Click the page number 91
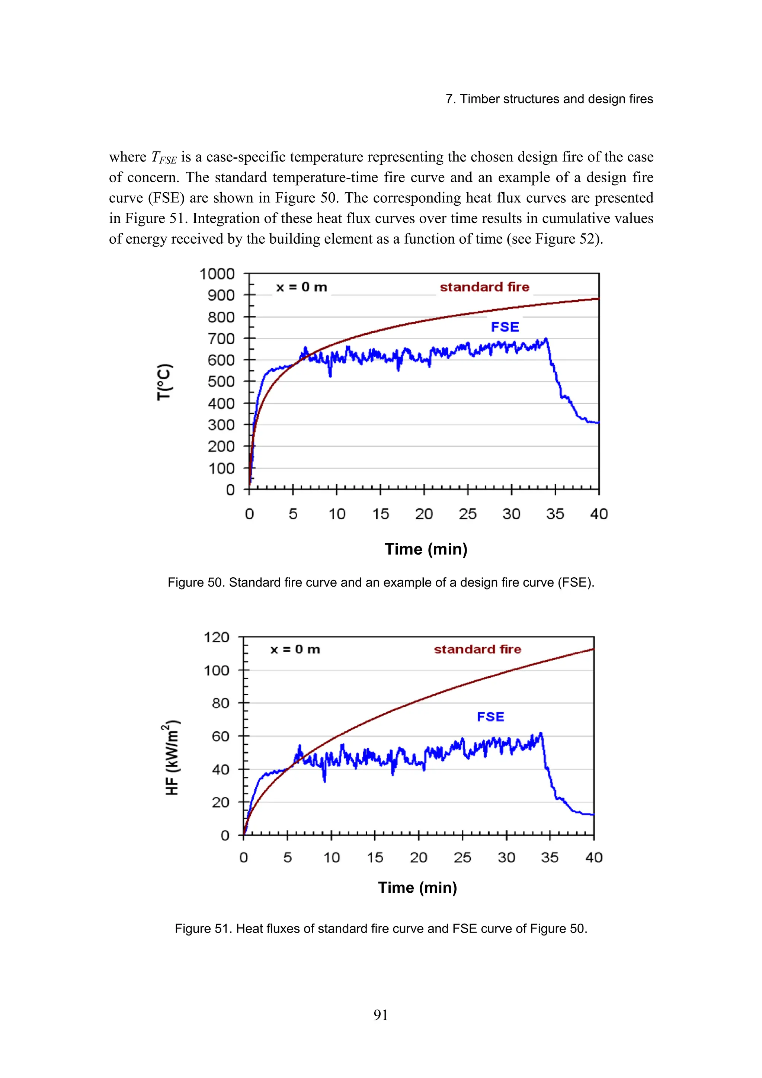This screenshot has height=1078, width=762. click(381, 1015)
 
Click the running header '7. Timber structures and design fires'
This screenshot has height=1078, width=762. click(549, 99)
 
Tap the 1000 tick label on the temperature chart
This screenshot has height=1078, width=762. click(217, 274)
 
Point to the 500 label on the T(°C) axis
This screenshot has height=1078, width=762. click(221, 382)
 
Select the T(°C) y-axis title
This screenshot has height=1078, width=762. click(164, 382)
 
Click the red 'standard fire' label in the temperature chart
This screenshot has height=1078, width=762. click(484, 287)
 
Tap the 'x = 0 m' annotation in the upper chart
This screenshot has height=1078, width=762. click(301, 287)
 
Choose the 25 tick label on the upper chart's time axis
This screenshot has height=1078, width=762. click(468, 514)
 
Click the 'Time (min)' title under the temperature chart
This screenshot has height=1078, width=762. click(426, 549)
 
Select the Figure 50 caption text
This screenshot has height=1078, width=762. click(381, 583)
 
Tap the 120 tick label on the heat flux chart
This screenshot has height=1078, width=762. click(217, 638)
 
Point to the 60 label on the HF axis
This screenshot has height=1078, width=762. click(220, 736)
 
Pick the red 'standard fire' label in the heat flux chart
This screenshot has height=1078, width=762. click(477, 649)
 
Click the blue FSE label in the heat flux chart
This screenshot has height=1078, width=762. click(491, 717)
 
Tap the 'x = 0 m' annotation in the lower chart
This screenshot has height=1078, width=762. click(295, 649)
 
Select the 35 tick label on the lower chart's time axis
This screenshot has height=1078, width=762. click(550, 858)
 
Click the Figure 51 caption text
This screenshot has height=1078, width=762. click(381, 929)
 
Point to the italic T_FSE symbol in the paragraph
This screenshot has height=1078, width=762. click(164, 157)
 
